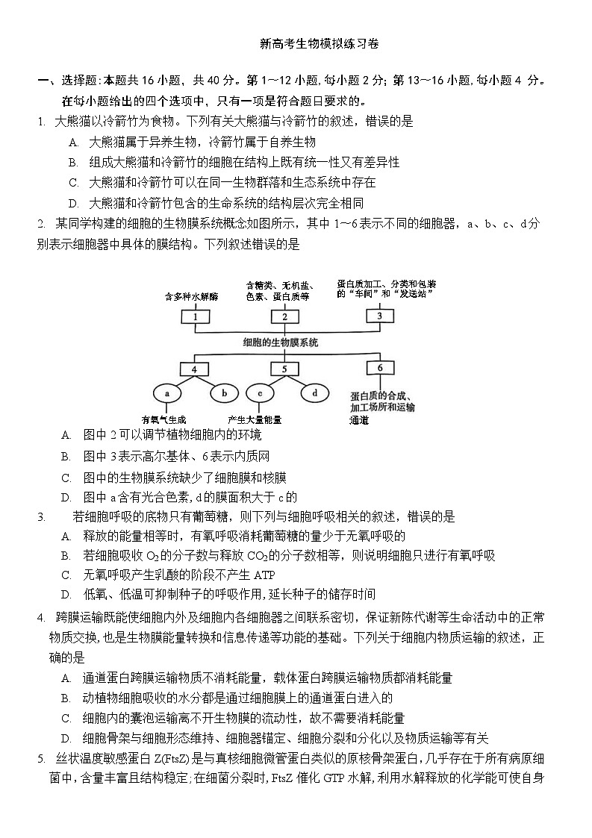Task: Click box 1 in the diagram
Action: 195,316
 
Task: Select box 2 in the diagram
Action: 284,316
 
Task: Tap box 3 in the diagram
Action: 379,315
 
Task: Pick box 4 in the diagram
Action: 195,369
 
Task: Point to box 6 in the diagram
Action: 379,368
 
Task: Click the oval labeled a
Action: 168,393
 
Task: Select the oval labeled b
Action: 223,393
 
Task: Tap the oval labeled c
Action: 259,393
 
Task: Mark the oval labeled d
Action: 314,393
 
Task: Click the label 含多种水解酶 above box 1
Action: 191,296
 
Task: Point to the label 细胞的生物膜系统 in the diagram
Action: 281,343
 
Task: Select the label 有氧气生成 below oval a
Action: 163,419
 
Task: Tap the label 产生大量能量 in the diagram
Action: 255,419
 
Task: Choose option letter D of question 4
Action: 66,739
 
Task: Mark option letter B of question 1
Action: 72,163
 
